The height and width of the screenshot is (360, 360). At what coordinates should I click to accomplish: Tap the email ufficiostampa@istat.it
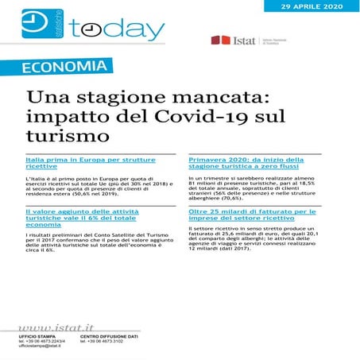(42, 347)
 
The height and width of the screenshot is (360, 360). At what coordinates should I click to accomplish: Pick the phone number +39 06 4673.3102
(106, 343)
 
